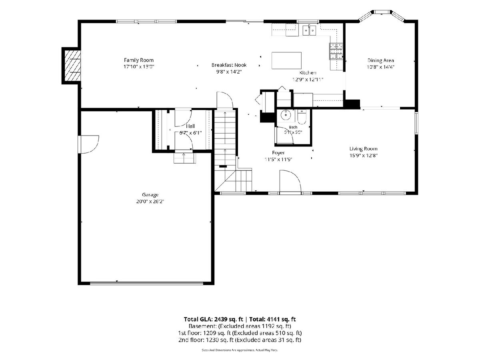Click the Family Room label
coord(139,60)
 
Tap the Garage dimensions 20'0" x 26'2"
coord(150,201)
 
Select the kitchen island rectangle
coord(286,60)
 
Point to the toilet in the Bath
coord(302,116)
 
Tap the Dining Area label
coord(381,60)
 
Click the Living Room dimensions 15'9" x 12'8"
coord(364,156)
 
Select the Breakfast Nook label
coord(229,65)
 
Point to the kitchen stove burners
coord(336,51)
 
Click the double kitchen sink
coord(309,30)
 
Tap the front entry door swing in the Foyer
coord(291,181)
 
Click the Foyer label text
coord(278,152)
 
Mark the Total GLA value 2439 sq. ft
coord(228,319)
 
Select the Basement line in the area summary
coord(240,326)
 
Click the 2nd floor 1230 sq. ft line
coord(240,340)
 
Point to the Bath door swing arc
coord(285,135)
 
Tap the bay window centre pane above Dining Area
coord(382,12)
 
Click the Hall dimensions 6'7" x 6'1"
coord(190,133)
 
